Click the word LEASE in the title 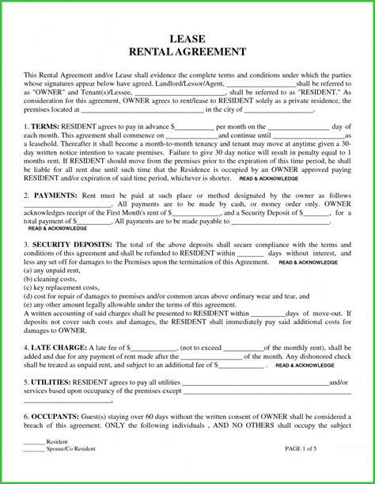(187, 37)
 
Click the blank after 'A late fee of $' (153, 346)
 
